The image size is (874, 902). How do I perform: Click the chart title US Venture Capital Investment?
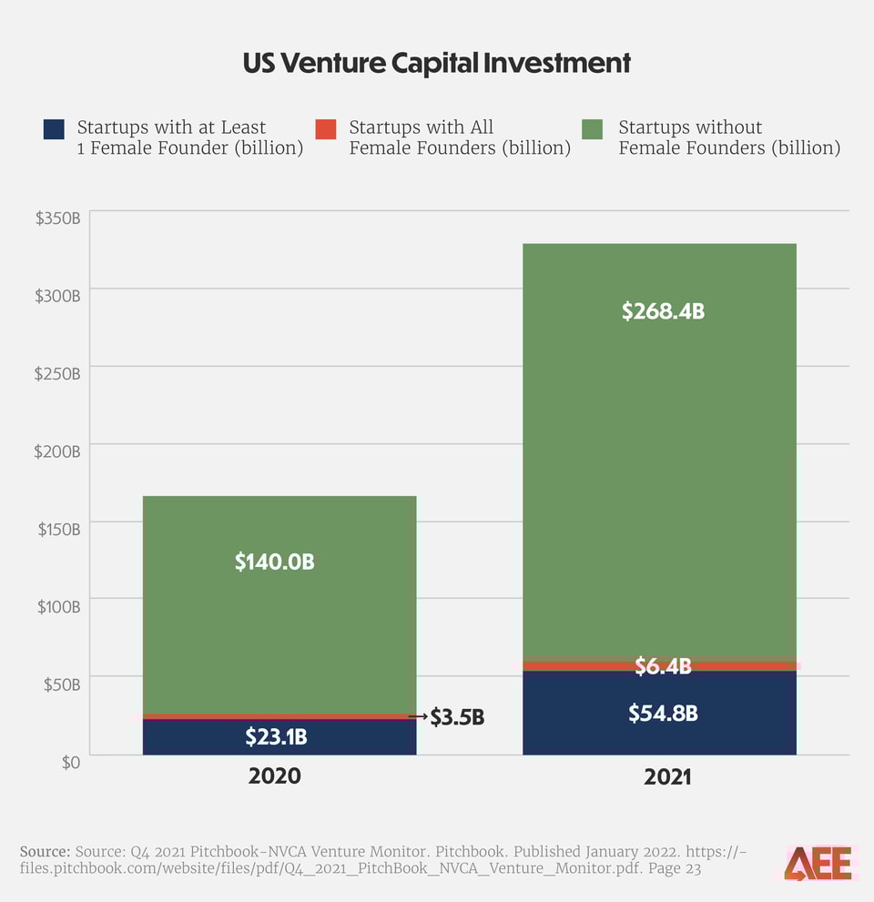[436, 63]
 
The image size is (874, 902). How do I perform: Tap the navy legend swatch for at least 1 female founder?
[54, 129]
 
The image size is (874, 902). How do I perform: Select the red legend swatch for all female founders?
[326, 129]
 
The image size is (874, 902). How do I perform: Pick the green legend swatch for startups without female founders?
[592, 129]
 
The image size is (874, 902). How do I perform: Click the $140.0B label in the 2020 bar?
[274, 562]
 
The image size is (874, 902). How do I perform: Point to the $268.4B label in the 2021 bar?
[663, 311]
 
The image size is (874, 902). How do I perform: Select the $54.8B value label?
[663, 714]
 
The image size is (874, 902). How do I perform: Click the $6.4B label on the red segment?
[663, 667]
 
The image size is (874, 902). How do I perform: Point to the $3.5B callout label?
[457, 718]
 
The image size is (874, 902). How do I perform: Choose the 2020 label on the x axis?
[274, 777]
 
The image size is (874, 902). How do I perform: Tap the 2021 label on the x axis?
[667, 777]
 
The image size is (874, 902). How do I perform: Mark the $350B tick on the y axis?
[58, 218]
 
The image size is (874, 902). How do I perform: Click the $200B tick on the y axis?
[58, 451]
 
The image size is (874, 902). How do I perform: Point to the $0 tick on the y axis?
[70, 762]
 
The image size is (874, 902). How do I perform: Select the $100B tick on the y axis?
[58, 606]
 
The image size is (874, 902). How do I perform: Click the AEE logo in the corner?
[818, 862]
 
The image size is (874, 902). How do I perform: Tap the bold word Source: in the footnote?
[45, 851]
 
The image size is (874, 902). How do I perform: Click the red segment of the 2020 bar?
[279, 716]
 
